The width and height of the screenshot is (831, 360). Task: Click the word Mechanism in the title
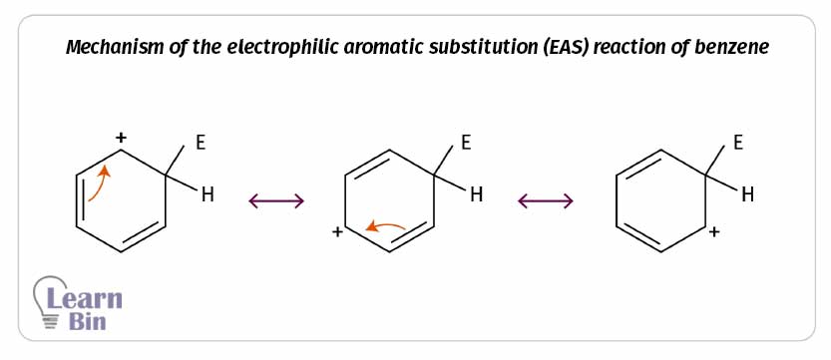(x=108, y=48)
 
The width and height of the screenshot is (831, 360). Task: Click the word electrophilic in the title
(x=265, y=48)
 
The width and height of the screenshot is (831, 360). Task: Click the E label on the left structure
(x=201, y=143)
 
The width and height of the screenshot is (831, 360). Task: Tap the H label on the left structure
(x=208, y=195)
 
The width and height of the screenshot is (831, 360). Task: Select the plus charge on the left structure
(x=122, y=138)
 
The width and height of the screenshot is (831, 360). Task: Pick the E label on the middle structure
(x=466, y=143)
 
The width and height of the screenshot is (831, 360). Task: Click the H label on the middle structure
(x=477, y=195)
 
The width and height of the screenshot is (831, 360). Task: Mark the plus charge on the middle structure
(x=337, y=232)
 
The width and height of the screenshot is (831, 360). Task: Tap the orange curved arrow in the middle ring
(x=386, y=226)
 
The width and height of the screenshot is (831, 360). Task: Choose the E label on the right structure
(x=737, y=143)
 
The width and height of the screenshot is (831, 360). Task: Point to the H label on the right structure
(x=747, y=195)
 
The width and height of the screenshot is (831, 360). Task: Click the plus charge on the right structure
(x=714, y=232)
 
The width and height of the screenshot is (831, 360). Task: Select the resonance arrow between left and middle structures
(x=276, y=201)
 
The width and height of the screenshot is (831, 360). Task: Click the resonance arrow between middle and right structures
(x=546, y=201)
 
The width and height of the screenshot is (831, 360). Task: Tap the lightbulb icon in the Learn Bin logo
(x=49, y=302)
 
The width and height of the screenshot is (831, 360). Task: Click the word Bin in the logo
(x=88, y=321)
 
